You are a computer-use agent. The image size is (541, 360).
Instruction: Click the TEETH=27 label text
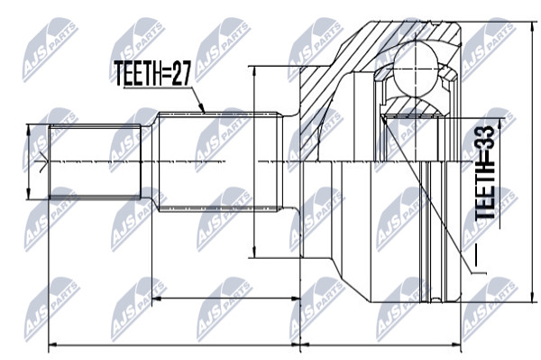(x=152, y=73)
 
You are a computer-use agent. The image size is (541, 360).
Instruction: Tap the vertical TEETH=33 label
(x=485, y=171)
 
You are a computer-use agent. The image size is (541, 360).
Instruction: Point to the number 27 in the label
(x=180, y=73)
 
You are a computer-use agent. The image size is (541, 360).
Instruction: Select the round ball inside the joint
(x=417, y=69)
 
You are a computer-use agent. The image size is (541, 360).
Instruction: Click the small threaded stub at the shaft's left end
(x=96, y=162)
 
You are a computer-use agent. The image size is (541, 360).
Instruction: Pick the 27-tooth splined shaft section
(x=220, y=162)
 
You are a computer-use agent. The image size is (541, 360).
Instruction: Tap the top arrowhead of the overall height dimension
(x=530, y=26)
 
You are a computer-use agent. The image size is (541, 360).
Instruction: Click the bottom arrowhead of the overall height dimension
(x=530, y=299)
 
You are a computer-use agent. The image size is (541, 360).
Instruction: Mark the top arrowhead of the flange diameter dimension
(x=254, y=70)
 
